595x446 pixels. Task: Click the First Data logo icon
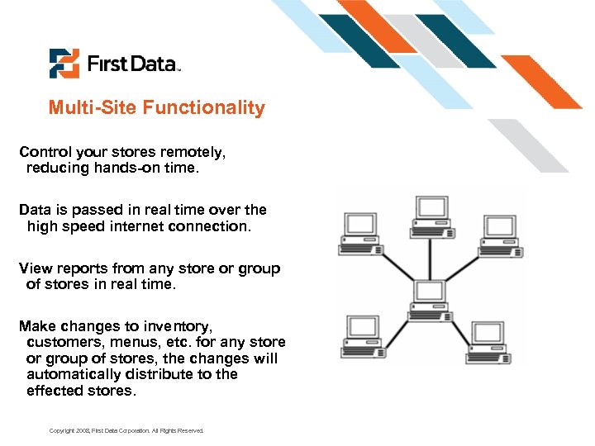pyautogui.click(x=64, y=64)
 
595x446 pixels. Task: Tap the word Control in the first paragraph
pyautogui.click(x=45, y=152)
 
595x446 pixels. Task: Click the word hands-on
pyautogui.click(x=125, y=168)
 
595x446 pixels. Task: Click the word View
pyautogui.click(x=35, y=268)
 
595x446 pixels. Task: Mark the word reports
pyautogui.click(x=81, y=268)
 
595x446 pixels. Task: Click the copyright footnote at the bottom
pyautogui.click(x=126, y=431)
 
